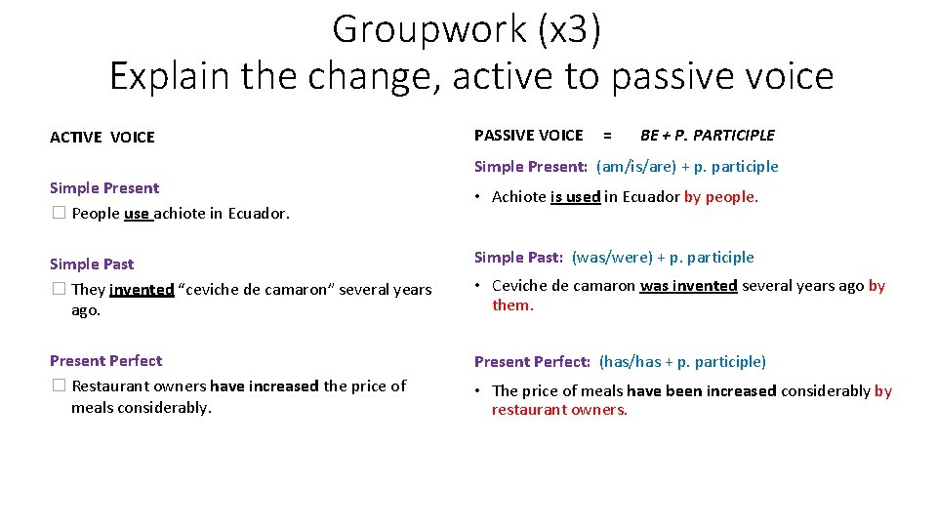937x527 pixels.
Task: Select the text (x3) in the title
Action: click(568, 29)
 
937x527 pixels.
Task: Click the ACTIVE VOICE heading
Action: click(102, 138)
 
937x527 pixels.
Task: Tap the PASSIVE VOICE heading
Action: click(528, 136)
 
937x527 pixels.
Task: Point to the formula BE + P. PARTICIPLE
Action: click(707, 136)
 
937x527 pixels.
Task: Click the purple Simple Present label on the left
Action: click(104, 187)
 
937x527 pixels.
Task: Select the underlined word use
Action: click(138, 214)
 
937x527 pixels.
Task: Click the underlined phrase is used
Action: click(575, 197)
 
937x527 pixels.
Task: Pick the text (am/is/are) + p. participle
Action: click(687, 166)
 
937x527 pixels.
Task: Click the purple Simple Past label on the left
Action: click(92, 263)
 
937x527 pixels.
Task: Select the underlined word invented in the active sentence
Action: click(142, 290)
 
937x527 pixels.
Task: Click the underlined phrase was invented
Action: click(688, 286)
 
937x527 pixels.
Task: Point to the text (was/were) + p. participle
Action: click(663, 258)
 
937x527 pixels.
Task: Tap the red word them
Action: click(512, 305)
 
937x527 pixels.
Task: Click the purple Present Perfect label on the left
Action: click(105, 360)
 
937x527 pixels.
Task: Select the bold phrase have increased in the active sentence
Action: click(264, 386)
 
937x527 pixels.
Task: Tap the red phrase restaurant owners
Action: click(559, 410)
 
